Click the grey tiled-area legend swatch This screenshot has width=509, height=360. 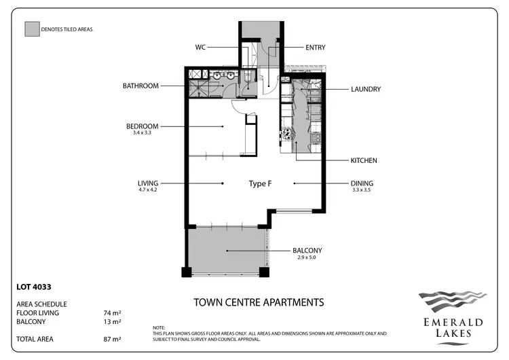31,29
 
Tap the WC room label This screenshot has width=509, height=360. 200,48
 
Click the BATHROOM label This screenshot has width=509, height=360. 140,86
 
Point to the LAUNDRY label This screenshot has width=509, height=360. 365,89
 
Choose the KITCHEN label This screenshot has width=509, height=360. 363,161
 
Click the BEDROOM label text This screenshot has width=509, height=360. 142,126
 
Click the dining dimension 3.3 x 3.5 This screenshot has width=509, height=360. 361,190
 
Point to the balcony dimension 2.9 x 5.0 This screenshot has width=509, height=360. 307,258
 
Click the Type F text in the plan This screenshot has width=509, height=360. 260,183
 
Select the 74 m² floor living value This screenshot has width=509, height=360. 112,313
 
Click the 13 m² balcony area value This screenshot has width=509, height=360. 112,321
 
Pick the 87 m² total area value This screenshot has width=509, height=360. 112,338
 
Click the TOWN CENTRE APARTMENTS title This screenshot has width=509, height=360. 259,302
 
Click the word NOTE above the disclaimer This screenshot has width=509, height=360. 159,327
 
